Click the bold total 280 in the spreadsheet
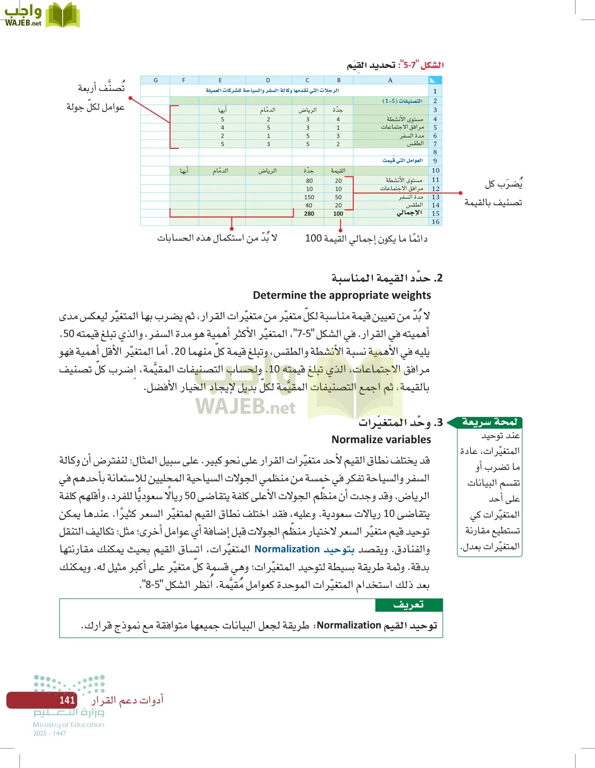(309, 214)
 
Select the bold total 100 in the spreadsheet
(338, 214)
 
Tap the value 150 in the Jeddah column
(309, 197)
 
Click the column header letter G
(156, 80)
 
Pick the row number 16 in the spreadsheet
(435, 222)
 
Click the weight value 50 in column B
(338, 197)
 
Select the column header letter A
(390, 80)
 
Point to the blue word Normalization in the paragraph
(287, 549)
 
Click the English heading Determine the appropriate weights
(342, 295)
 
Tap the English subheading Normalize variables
(381, 439)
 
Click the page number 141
(67, 700)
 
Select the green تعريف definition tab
(408, 605)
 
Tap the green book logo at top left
(63, 16)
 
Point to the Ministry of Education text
(69, 724)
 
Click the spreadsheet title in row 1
(272, 90)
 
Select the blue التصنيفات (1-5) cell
(402, 101)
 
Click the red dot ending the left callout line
(130, 99)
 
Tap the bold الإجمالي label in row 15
(409, 213)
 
